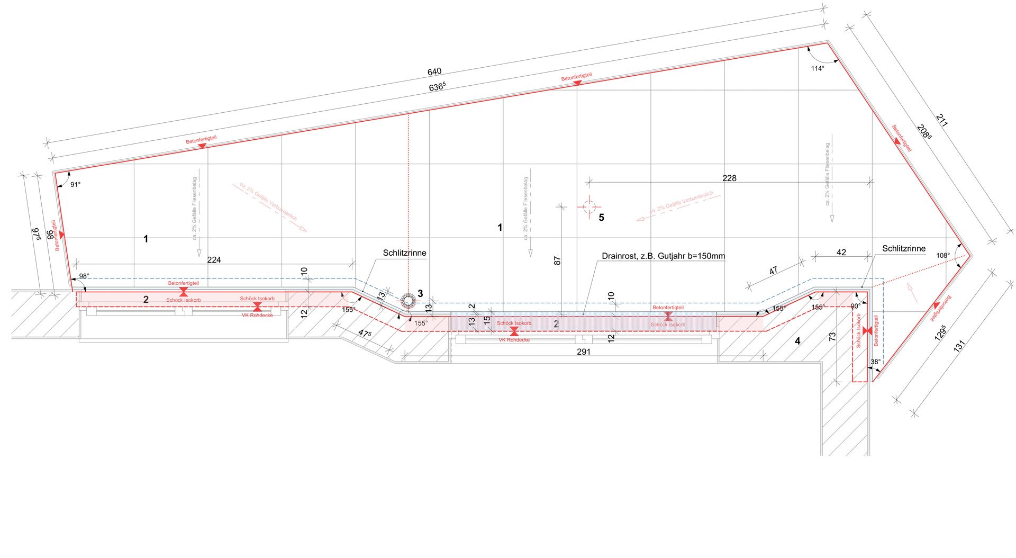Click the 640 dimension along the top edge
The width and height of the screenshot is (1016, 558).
(434, 71)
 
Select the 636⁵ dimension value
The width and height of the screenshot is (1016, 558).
(437, 86)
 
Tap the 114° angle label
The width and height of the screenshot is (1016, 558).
(818, 68)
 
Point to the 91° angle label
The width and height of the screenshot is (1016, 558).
(76, 185)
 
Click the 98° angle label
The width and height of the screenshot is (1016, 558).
(84, 276)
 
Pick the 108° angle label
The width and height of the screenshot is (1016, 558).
(943, 256)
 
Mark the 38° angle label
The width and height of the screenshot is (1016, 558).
(876, 362)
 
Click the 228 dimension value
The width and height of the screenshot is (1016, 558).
(729, 178)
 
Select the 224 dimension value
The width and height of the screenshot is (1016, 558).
(214, 260)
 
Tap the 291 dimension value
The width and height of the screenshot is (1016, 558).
(584, 352)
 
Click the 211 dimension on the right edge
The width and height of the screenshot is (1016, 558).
(942, 120)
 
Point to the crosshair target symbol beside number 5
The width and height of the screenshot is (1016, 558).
(589, 206)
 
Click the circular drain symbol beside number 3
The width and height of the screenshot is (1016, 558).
(408, 301)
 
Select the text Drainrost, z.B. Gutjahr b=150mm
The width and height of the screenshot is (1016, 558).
(663, 256)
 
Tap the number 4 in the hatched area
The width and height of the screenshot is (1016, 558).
(797, 341)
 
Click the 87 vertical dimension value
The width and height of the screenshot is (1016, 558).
(557, 260)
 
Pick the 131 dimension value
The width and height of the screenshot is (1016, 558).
(959, 346)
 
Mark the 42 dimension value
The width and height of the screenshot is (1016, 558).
(841, 253)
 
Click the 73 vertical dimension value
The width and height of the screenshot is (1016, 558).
(832, 336)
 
